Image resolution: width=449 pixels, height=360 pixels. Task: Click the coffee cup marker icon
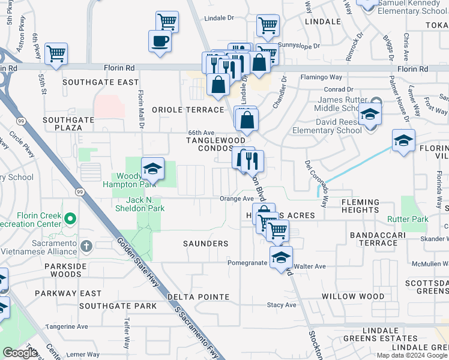[160, 41]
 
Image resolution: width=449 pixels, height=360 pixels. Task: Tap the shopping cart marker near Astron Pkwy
[56, 53]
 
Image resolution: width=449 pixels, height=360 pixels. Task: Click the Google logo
[20, 353]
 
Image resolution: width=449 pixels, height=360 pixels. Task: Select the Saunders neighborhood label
[206, 244]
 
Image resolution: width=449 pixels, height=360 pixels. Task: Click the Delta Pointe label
[198, 297]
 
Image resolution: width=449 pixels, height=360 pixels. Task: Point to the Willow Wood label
[361, 296]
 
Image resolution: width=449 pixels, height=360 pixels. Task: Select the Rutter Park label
[408, 220]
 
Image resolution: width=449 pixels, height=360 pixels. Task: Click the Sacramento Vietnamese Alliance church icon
[86, 246]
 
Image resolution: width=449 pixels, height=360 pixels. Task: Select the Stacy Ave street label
[282, 305]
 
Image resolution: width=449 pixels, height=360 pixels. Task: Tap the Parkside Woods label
[58, 270]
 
